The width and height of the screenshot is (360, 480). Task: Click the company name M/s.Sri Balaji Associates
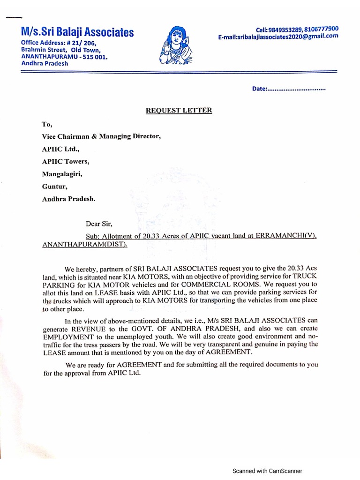(x=77, y=32)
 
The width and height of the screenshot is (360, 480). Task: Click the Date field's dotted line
(x=296, y=89)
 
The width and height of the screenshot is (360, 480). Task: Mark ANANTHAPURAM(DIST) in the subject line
(x=84, y=244)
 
